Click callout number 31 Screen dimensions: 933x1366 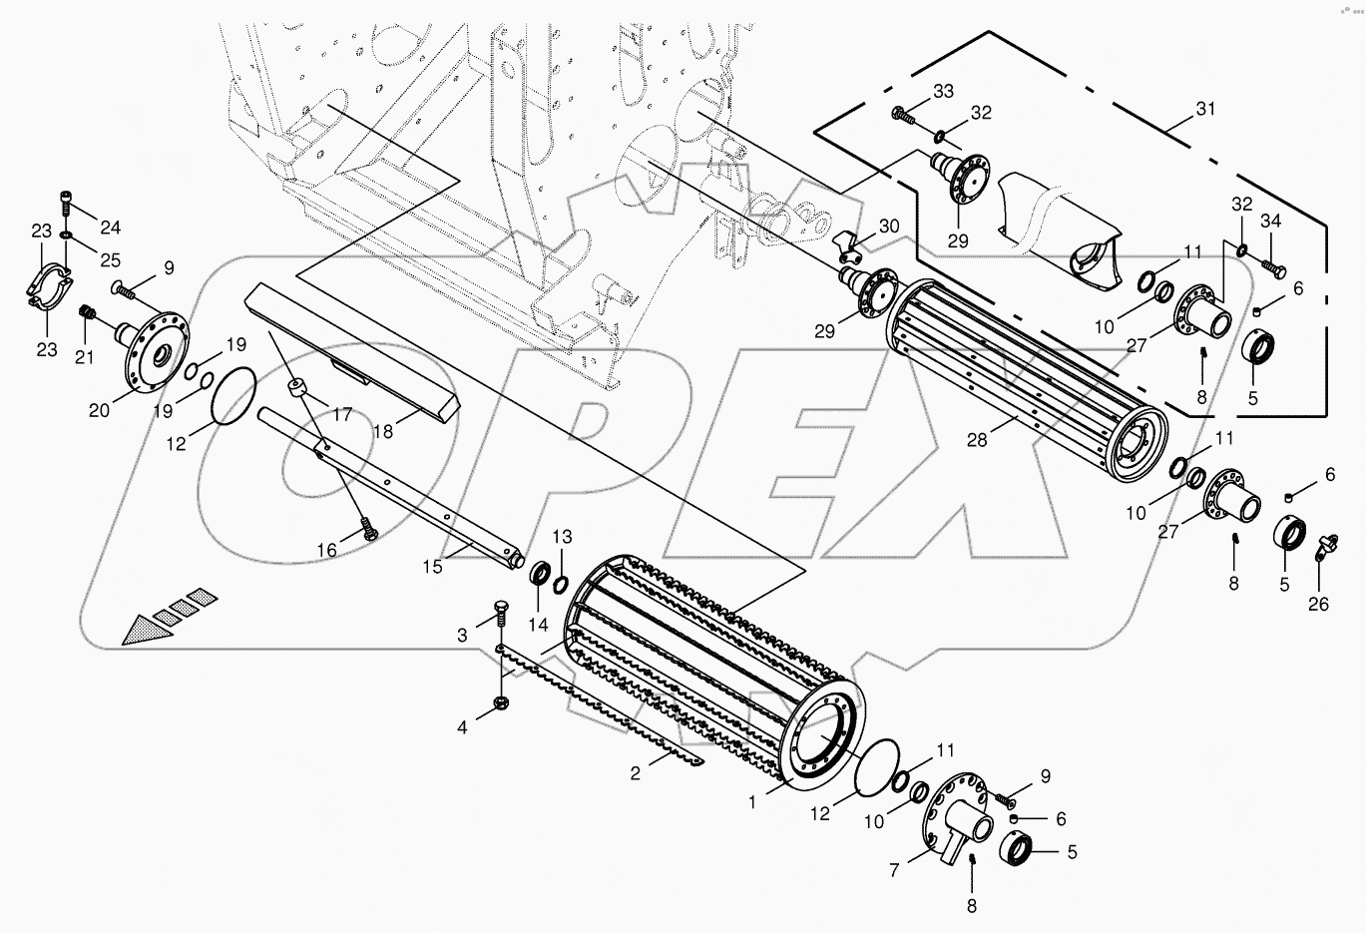(1205, 110)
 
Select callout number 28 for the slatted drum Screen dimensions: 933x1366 (976, 439)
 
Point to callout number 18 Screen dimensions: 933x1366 (382, 431)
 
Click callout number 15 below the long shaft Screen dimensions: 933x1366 (432, 567)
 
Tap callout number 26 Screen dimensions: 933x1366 (1318, 604)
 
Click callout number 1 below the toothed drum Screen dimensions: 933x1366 (754, 799)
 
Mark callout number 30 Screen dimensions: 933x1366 (889, 227)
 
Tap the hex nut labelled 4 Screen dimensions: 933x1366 (499, 707)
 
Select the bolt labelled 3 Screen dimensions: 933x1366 (500, 611)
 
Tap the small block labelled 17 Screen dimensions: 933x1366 (295, 386)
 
